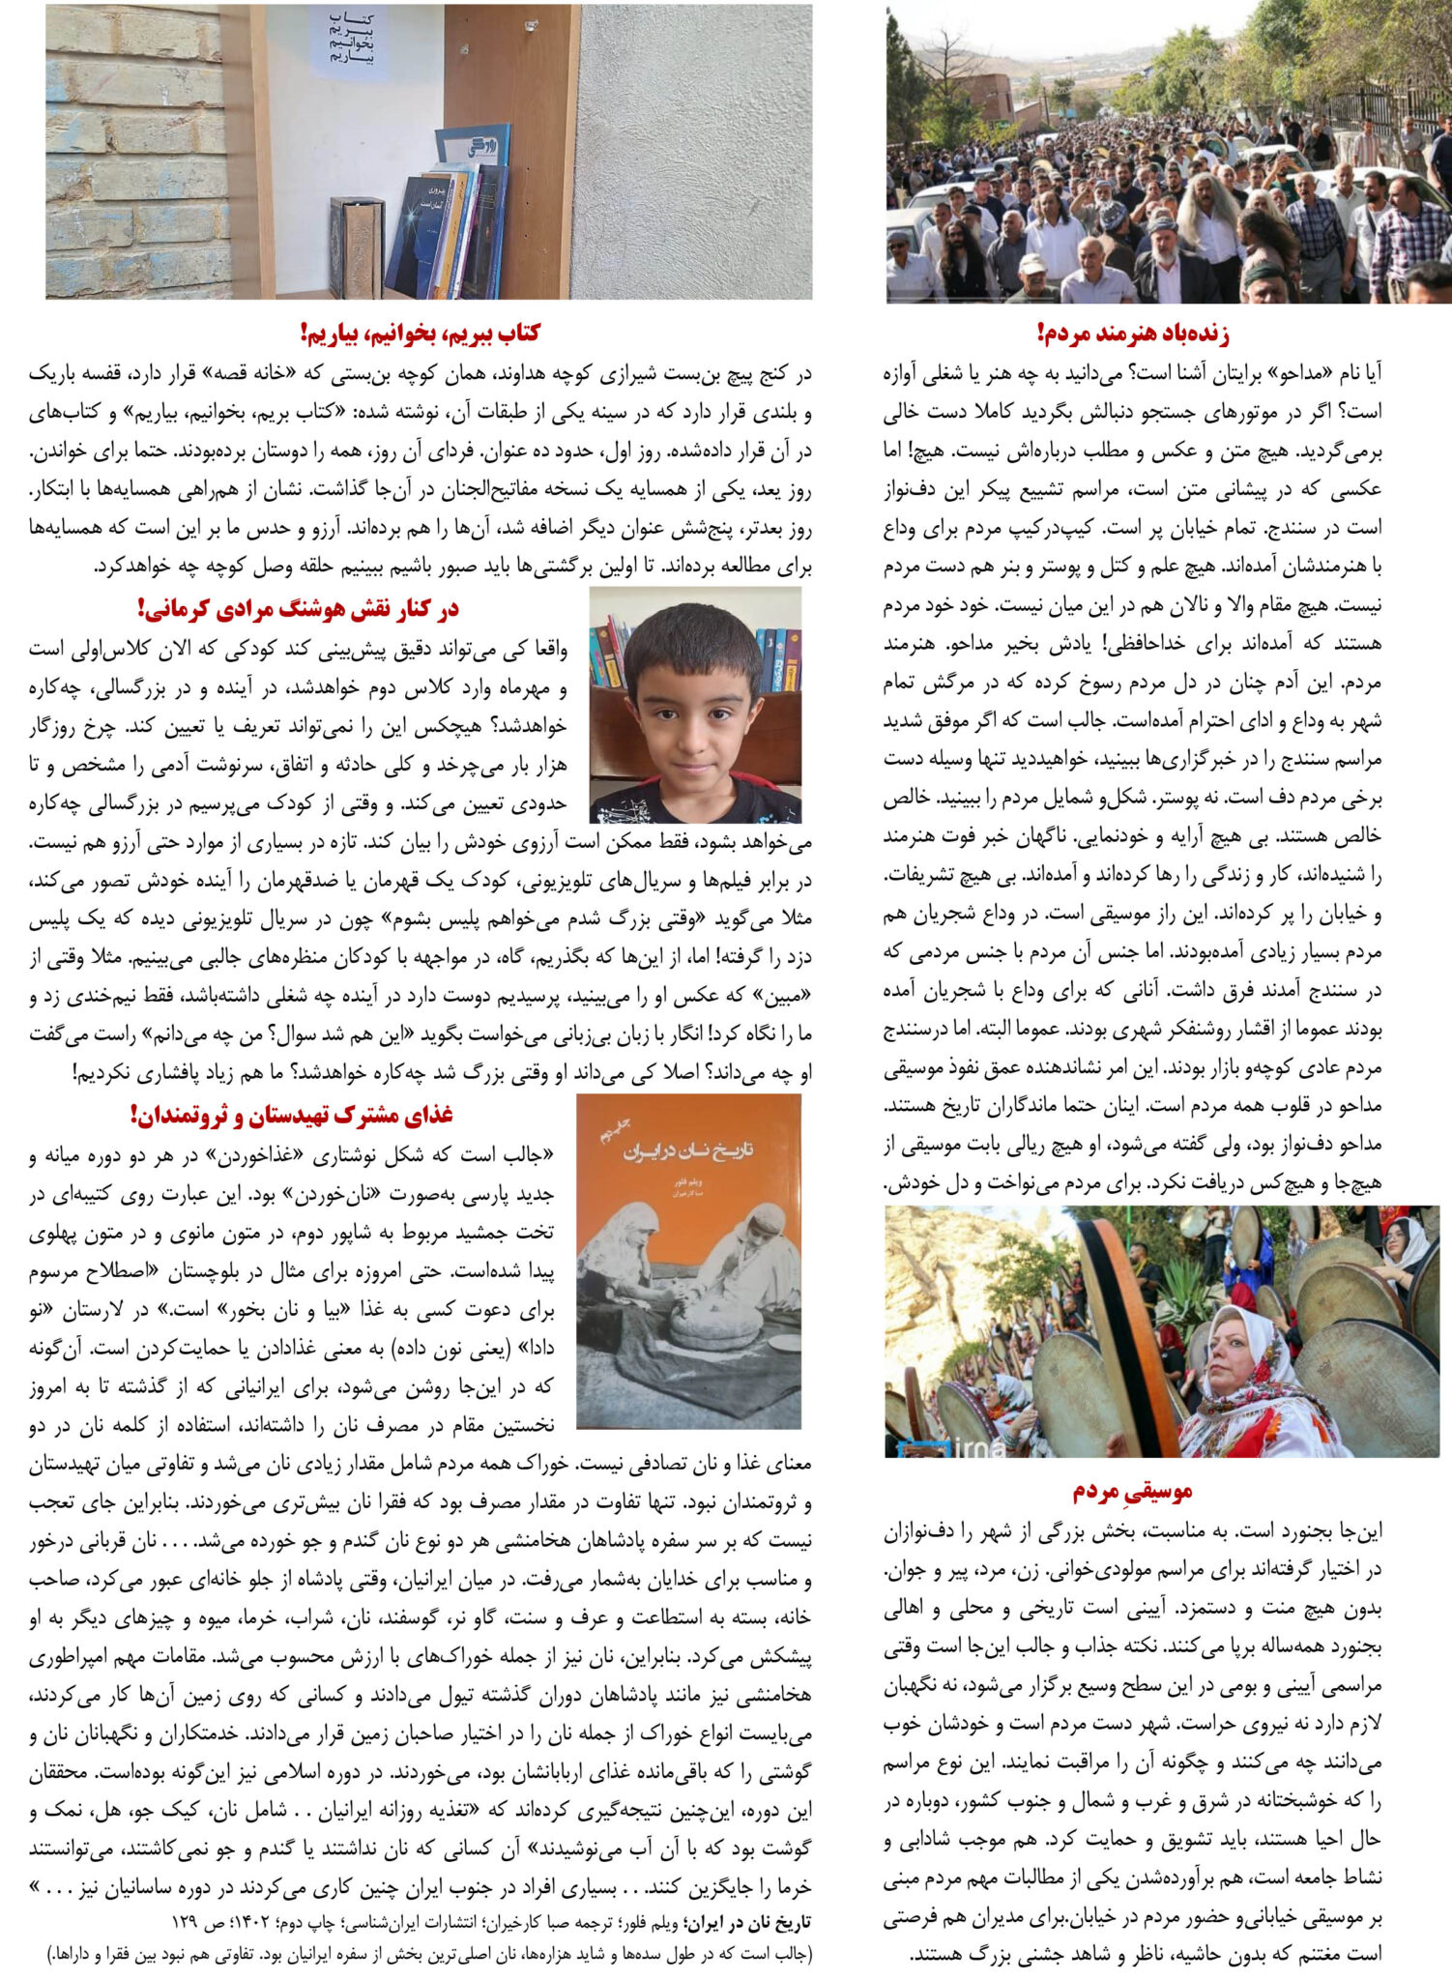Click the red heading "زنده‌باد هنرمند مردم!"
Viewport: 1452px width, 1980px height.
point(1132,335)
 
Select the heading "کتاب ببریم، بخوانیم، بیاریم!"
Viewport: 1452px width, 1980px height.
point(420,334)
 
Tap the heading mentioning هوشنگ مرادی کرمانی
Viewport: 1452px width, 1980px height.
point(298,609)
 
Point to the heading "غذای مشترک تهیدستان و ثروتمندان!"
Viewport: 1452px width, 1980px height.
point(292,1115)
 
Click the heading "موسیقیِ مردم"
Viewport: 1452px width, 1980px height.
point(1132,1492)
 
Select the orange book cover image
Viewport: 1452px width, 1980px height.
point(688,1261)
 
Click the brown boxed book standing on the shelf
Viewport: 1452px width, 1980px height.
point(353,247)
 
